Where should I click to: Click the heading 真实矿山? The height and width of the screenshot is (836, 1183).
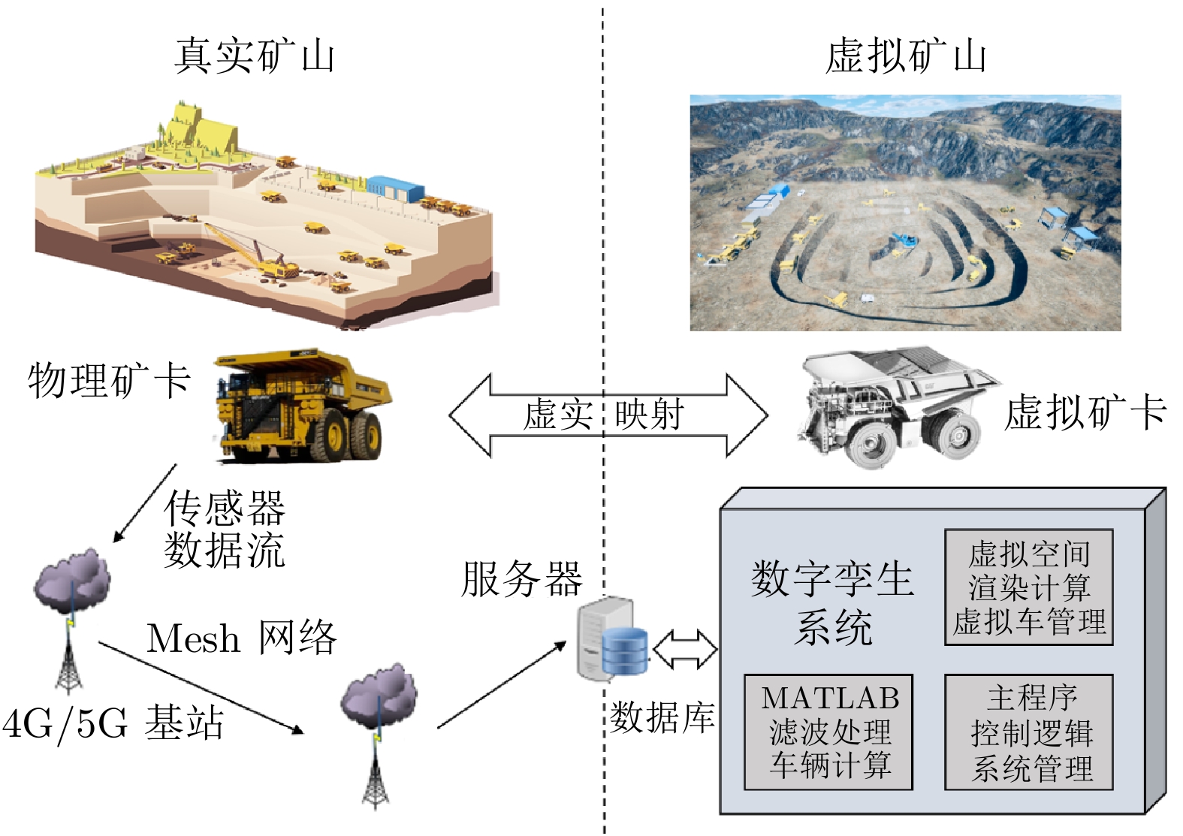[x=254, y=57]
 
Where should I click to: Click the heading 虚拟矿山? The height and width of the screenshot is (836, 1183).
[x=905, y=57]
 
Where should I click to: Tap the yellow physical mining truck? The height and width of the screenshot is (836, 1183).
[x=302, y=406]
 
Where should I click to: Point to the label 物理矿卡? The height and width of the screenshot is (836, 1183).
[x=109, y=380]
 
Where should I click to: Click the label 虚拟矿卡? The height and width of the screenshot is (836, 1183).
[x=1085, y=413]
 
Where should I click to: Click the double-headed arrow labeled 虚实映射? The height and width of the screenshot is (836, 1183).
[x=608, y=415]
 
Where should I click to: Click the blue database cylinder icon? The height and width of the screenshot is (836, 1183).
[x=624, y=650]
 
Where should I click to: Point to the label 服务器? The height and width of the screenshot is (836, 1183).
[x=521, y=579]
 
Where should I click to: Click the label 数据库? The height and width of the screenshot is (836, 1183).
[x=662, y=717]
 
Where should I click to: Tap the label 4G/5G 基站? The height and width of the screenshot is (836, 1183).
[x=113, y=723]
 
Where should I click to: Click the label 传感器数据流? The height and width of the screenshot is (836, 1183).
[x=225, y=529]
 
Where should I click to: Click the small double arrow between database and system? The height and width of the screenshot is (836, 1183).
[x=684, y=649]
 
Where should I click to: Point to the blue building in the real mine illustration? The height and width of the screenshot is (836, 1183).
[x=395, y=188]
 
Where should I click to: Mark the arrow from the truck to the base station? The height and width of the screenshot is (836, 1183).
[x=145, y=503]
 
